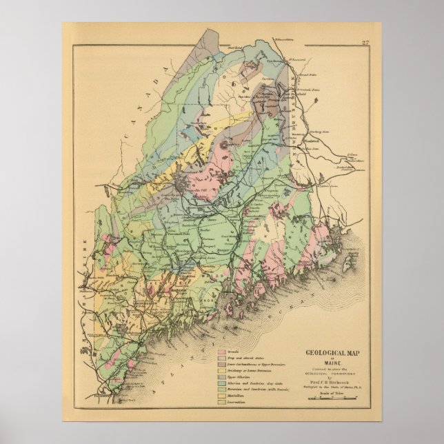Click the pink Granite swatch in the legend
pyautogui.click(x=223, y=352)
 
